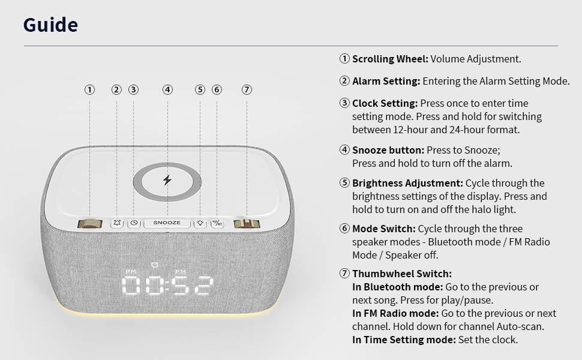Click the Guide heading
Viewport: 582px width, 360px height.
tap(50, 25)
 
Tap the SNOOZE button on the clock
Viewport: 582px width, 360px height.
tap(167, 223)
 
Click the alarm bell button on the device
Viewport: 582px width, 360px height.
tap(117, 223)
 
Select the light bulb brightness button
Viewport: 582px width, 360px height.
tap(200, 223)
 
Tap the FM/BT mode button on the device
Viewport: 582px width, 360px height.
tap(217, 223)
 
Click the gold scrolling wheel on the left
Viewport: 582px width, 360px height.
tap(89, 223)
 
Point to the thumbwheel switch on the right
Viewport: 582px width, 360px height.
tap(247, 224)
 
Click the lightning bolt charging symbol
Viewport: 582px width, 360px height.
tap(167, 180)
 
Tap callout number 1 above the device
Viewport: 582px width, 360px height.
tap(89, 89)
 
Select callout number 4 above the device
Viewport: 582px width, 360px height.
tap(167, 89)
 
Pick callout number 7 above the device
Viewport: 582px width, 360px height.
tap(247, 89)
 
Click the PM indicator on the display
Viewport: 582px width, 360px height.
tap(131, 272)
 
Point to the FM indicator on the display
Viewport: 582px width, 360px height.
tap(181, 272)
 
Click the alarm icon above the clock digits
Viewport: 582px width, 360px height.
tap(155, 265)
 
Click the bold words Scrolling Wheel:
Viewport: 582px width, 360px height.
tap(390, 59)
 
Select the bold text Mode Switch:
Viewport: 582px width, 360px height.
tap(384, 229)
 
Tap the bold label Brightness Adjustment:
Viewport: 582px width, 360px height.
tap(407, 184)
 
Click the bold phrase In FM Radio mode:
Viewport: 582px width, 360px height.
tap(395, 313)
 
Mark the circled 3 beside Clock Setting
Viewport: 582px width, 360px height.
tap(344, 103)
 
